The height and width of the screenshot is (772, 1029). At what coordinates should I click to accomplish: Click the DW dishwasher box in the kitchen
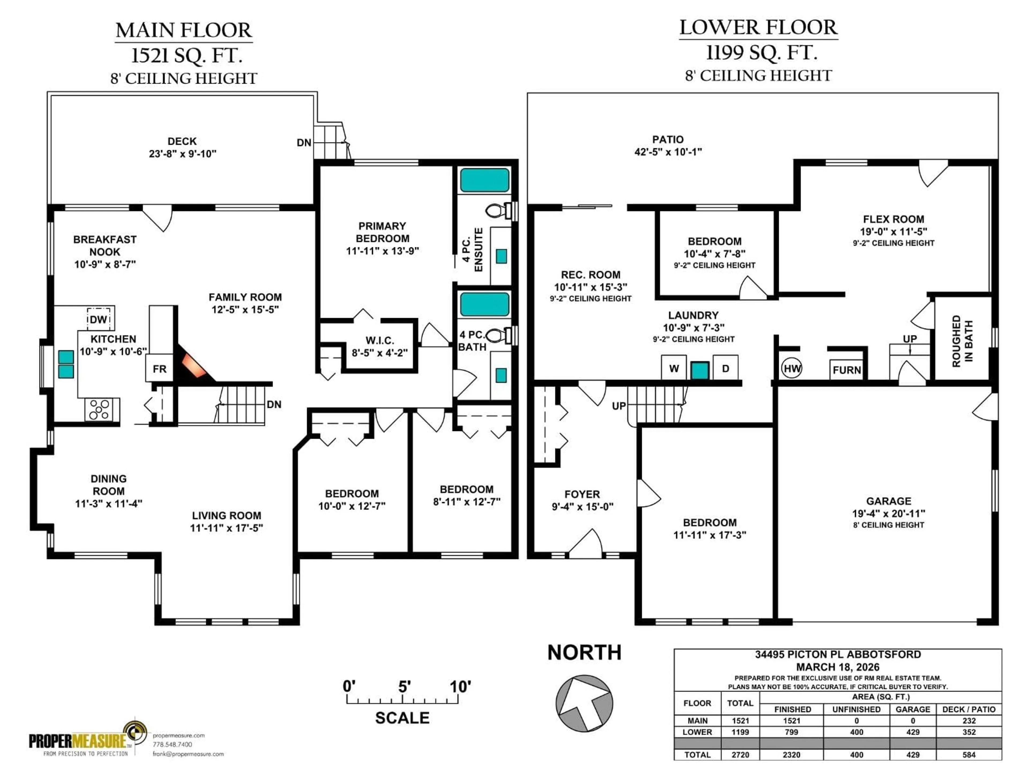point(99,319)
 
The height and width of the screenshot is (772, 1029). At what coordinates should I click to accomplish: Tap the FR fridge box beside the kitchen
point(159,369)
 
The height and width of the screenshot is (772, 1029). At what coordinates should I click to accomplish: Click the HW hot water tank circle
point(792,369)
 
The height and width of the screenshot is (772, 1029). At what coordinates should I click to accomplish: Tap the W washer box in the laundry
point(674,368)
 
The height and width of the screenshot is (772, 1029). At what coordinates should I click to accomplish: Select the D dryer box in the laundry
point(725,368)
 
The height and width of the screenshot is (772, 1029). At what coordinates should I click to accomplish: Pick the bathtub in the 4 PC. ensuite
point(485,180)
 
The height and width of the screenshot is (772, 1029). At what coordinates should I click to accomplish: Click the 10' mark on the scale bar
point(460,687)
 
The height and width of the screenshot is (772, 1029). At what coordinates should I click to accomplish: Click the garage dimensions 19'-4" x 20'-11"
point(889,513)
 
